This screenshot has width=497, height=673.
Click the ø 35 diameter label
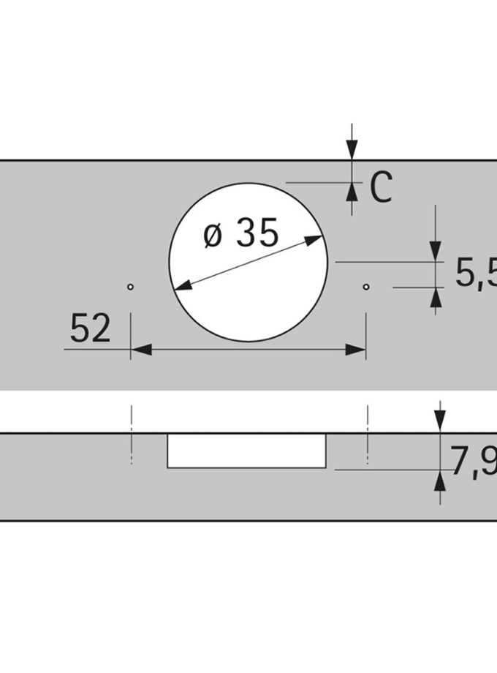coord(241,233)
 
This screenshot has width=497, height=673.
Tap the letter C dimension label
coord(381,187)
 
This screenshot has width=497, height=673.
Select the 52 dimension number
coord(90,328)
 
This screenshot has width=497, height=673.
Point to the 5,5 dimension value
coord(476,272)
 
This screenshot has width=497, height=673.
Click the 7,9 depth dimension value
coord(474,461)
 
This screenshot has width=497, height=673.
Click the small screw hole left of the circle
coord(130,287)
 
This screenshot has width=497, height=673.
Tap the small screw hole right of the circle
coord(365,287)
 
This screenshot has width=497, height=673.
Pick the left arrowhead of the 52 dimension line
coord(141,350)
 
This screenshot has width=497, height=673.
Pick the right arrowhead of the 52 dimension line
coord(355,350)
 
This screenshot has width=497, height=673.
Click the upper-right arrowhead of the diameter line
coord(313,239)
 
